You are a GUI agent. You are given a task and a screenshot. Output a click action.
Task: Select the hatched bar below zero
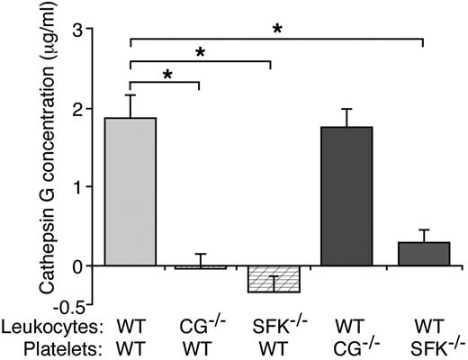click(274, 279)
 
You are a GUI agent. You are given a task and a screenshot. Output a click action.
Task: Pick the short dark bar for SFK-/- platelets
click(423, 254)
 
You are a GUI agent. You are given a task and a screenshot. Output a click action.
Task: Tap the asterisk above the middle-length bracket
click(201, 53)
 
